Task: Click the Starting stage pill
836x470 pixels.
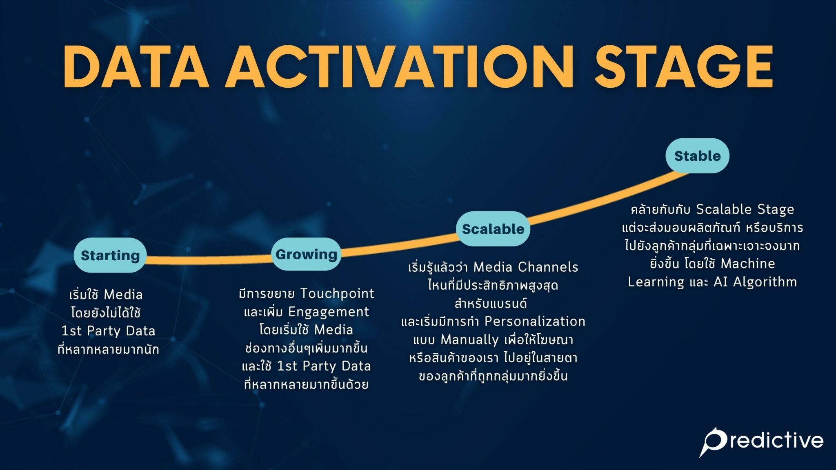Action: point(110,255)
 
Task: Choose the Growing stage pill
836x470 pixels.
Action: point(306,254)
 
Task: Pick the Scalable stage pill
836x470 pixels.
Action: point(493,229)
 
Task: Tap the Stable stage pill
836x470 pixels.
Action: point(697,156)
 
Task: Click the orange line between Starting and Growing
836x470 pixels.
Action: point(208,260)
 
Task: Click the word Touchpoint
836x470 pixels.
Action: point(337,293)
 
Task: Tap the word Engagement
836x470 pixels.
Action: point(328,312)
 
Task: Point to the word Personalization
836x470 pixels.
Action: point(535,321)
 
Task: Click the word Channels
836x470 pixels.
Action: point(548,267)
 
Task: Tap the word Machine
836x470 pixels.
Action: point(748,264)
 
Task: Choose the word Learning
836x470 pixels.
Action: point(656,282)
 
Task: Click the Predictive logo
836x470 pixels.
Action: point(761,441)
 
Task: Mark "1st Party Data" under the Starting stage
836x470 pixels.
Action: point(108,331)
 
